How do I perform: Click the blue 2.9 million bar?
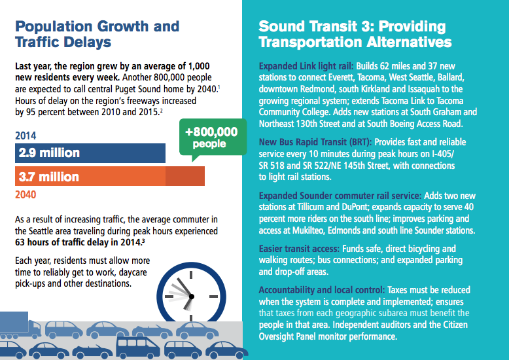tap(90, 153)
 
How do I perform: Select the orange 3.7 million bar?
tap(109, 177)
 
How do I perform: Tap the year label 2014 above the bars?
tap(26, 136)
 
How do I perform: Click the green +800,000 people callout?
tap(211, 138)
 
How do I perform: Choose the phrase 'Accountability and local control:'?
tap(321, 289)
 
